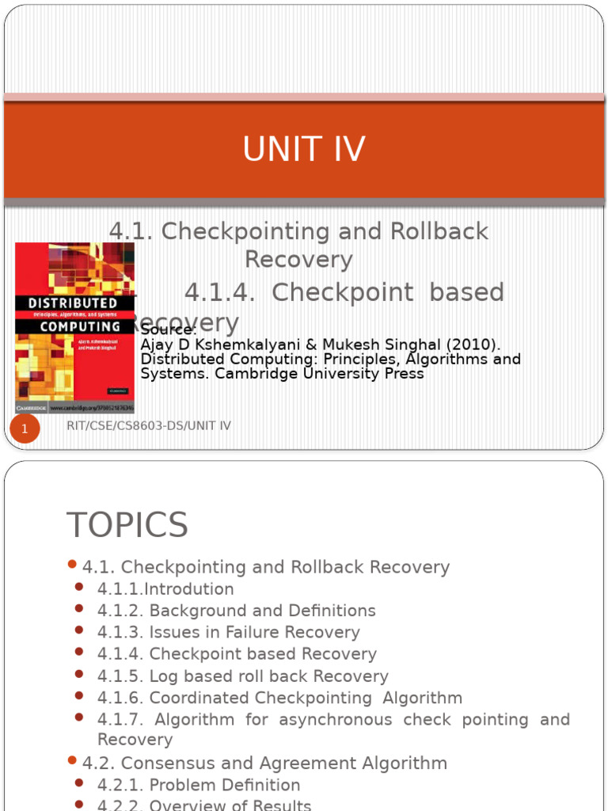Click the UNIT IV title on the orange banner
[304, 150]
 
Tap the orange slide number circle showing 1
[25, 429]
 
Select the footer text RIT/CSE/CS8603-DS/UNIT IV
[150, 426]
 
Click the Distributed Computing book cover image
[75, 327]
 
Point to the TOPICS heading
[127, 525]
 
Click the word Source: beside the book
[168, 329]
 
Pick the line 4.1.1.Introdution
[165, 589]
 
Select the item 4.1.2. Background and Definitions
[236, 611]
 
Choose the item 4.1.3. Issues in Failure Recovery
[228, 632]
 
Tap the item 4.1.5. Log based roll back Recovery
[242, 676]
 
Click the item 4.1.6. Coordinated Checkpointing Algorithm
[279, 698]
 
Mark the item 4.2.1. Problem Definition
[199, 785]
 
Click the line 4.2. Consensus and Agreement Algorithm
[264, 763]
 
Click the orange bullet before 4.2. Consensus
[72, 761]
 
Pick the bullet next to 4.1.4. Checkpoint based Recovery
[79, 652]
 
